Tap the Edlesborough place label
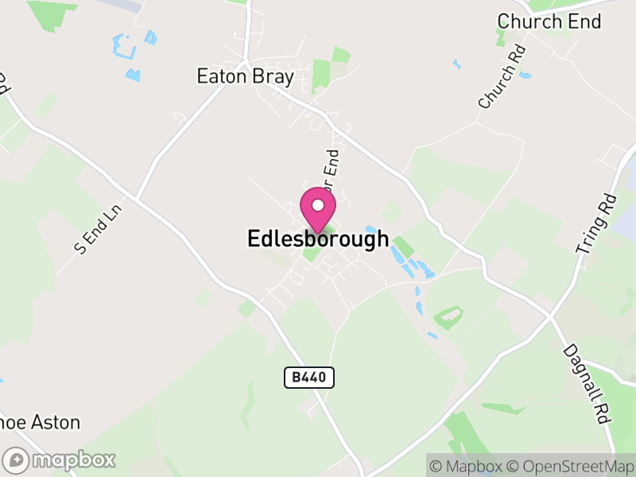point(318,238)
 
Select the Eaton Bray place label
point(246,77)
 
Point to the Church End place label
point(549,21)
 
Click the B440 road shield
point(309,378)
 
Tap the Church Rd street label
point(503,76)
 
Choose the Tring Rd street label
point(597,224)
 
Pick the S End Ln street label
point(96,231)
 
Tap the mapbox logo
point(60,460)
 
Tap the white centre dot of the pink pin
point(318,205)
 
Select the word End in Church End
point(584,21)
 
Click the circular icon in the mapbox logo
point(17,460)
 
